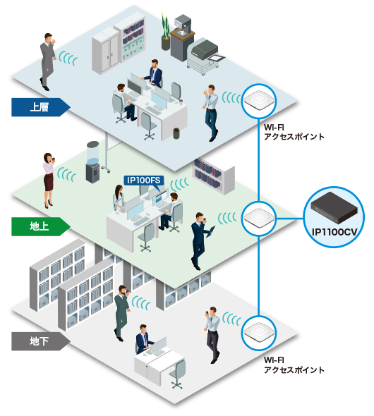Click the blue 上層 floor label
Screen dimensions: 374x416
coord(40,107)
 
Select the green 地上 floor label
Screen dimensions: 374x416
coord(40,226)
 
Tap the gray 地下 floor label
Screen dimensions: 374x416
coord(40,341)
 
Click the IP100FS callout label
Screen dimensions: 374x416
coord(144,181)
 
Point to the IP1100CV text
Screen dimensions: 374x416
coord(334,232)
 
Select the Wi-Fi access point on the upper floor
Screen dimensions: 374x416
coord(259,101)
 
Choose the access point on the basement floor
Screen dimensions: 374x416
coord(259,332)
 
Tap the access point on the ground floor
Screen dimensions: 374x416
coord(259,219)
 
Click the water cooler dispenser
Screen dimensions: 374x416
coord(93,162)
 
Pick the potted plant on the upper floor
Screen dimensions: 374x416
coord(165,31)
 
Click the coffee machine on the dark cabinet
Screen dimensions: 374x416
coord(183,25)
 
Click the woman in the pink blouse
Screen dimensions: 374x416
coord(48,181)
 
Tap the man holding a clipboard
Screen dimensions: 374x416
coord(201,241)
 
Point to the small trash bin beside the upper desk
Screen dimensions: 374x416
coord(176,133)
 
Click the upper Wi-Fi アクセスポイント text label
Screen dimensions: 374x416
coord(294,132)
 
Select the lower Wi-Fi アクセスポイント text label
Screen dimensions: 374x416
coord(294,365)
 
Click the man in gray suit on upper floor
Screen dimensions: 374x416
coord(47,61)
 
